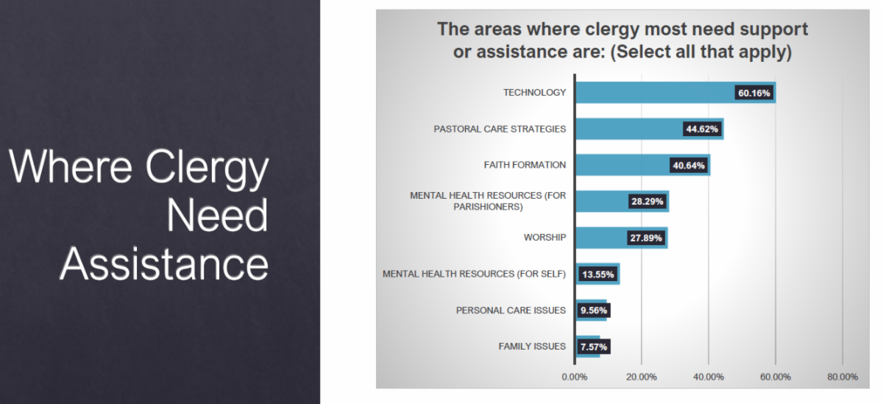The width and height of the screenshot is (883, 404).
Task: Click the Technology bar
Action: point(655,93)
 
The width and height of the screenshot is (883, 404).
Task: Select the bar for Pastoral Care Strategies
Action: point(629,129)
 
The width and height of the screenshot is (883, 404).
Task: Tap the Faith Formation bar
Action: point(622,165)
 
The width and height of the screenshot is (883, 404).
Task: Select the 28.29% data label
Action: point(648,201)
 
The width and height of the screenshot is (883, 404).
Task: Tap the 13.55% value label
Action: point(597,274)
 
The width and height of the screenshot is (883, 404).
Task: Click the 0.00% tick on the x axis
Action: point(574,377)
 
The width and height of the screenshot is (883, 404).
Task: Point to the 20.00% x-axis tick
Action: point(641,377)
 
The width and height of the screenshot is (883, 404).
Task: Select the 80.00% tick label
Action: point(842,377)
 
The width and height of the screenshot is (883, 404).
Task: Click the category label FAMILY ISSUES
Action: point(531,346)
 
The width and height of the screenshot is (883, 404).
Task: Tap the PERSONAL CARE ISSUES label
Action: point(511,310)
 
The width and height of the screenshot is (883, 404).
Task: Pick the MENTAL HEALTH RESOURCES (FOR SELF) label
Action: point(474,274)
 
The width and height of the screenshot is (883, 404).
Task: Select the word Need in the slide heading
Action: point(217,216)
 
